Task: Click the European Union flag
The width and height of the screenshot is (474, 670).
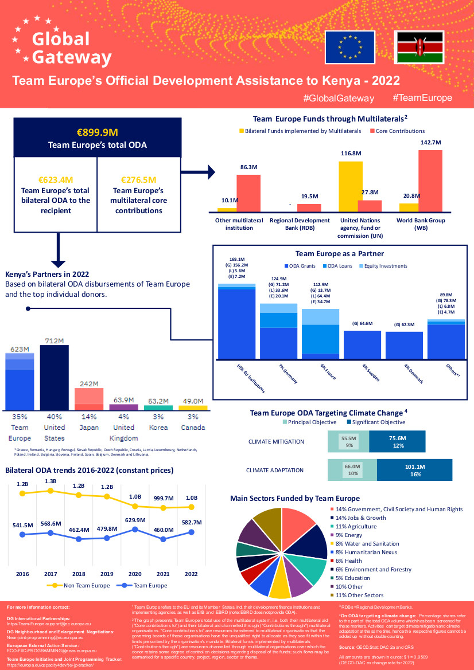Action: pyautogui.click(x=350, y=47)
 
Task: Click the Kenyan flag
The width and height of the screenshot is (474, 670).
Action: pyautogui.click(x=419, y=47)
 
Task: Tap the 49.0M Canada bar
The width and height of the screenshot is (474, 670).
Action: pyautogui.click(x=193, y=408)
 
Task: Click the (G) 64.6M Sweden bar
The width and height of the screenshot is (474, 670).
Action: pyautogui.click(x=362, y=344)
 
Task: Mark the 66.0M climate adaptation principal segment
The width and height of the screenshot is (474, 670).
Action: pyautogui.click(x=352, y=469)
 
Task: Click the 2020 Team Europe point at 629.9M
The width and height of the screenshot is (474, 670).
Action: pyautogui.click(x=135, y=530)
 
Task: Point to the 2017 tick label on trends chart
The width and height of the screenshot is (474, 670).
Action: pyautogui.click(x=50, y=574)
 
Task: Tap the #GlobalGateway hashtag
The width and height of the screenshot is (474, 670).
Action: pyautogui.click(x=339, y=99)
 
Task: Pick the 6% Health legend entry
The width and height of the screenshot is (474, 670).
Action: pyautogui.click(x=348, y=561)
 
